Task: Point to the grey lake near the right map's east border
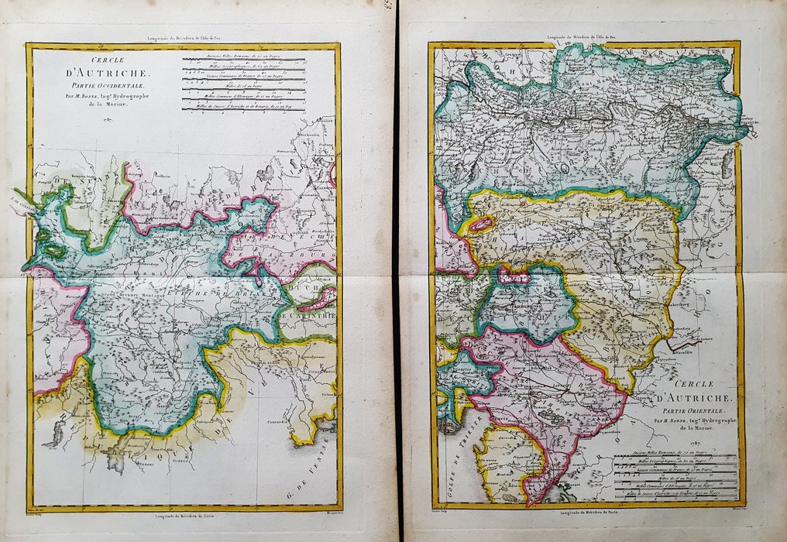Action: pos(726,163)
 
